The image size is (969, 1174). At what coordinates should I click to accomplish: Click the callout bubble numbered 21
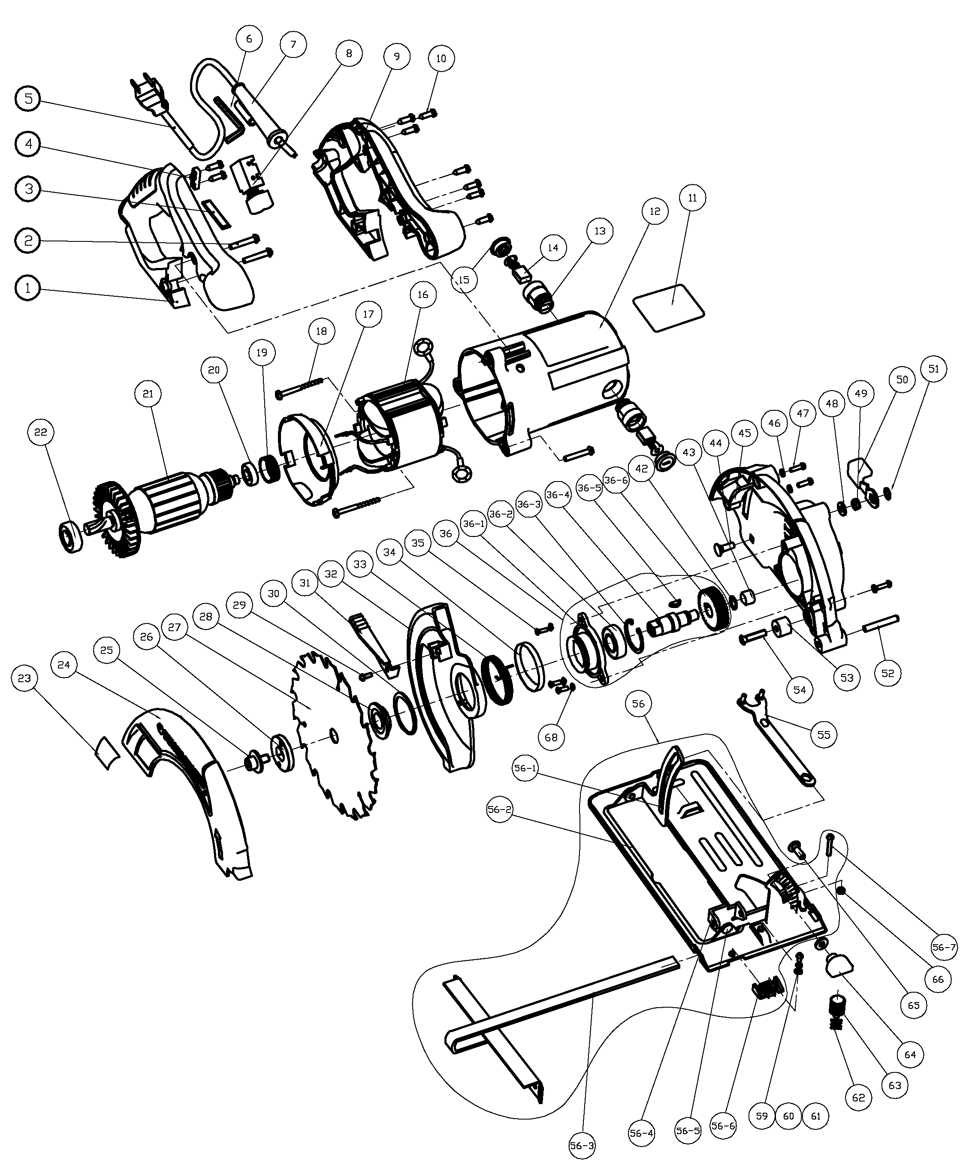click(x=148, y=394)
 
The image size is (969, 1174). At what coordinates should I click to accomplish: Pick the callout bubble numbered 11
click(x=693, y=198)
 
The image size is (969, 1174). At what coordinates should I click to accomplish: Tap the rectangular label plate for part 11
click(x=668, y=308)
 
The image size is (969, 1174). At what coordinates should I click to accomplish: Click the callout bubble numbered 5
click(x=28, y=99)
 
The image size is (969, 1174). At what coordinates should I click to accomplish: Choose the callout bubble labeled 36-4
click(x=559, y=494)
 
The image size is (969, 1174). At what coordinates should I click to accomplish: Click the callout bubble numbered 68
click(x=551, y=738)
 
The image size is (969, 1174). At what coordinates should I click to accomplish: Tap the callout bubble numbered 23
click(x=24, y=678)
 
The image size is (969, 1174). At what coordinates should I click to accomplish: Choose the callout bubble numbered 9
click(x=396, y=56)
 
